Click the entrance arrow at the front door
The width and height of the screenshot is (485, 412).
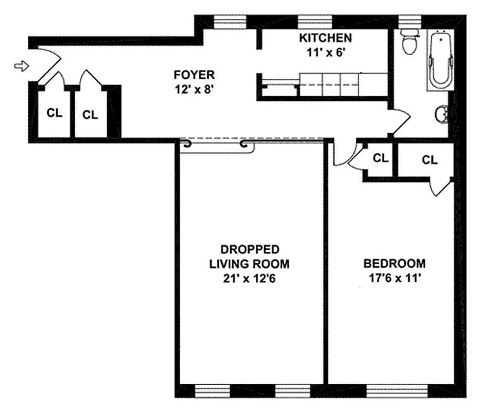pyautogui.click(x=21, y=65)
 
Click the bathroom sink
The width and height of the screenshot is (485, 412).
pyautogui.click(x=442, y=113)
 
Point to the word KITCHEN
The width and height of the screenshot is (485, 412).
pyautogui.click(x=326, y=38)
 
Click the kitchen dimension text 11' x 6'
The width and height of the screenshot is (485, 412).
pyautogui.click(x=326, y=51)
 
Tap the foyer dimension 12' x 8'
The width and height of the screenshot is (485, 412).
pyautogui.click(x=194, y=88)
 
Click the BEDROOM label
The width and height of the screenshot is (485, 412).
pyautogui.click(x=394, y=264)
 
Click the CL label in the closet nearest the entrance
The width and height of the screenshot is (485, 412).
pyautogui.click(x=54, y=113)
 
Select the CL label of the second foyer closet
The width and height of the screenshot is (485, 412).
pyautogui.click(x=90, y=115)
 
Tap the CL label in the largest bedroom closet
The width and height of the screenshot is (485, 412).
pyautogui.click(x=429, y=160)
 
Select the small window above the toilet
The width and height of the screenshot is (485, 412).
pyautogui.click(x=410, y=21)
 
